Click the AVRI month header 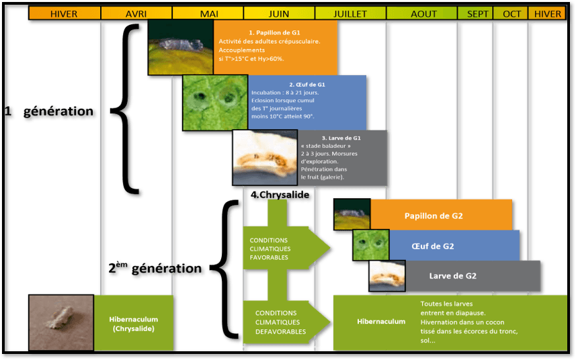[x=136, y=13]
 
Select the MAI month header [x=208, y=13]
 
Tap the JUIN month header [x=279, y=13]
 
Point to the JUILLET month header [x=351, y=13]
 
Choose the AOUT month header [x=423, y=13]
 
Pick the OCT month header [x=511, y=13]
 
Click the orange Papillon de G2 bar [x=442, y=216]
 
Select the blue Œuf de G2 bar [x=454, y=246]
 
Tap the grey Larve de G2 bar [x=462, y=275]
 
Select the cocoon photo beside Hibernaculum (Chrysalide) [x=60, y=322]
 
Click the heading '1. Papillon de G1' [x=274, y=32]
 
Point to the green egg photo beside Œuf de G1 [x=216, y=102]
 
